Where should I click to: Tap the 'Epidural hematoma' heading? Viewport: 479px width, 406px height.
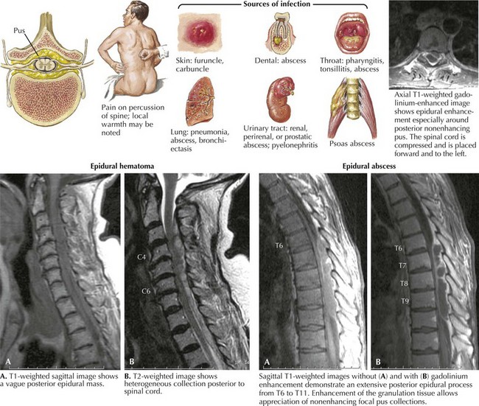click(x=127, y=166)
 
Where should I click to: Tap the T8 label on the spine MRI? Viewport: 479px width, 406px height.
click(x=402, y=284)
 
